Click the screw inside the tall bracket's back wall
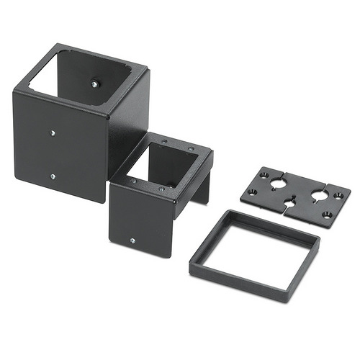tap(94, 84)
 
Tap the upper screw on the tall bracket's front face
tap(53, 132)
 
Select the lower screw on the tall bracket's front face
tap(53, 175)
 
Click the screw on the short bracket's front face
tap(132, 240)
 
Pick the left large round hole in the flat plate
tap(277, 184)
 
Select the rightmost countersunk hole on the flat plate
tap(338, 194)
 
